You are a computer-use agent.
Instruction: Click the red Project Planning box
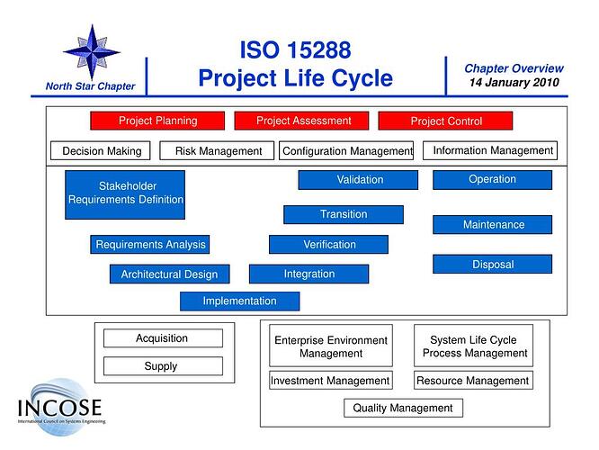point(157,121)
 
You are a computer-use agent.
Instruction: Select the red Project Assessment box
point(303,121)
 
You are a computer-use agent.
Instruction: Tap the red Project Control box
point(445,121)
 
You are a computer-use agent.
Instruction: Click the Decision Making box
point(102,151)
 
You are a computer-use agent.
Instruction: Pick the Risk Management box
point(219,151)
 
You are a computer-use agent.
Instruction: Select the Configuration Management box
point(347,151)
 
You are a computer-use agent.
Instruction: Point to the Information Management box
point(493,150)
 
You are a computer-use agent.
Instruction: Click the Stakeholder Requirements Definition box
point(126,194)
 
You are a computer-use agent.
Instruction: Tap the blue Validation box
point(359,180)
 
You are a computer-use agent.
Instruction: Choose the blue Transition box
point(344,214)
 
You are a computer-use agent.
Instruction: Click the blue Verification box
point(329,244)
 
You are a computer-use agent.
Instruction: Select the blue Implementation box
point(239,301)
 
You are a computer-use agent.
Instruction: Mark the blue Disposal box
point(493,265)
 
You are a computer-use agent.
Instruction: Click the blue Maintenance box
point(493,224)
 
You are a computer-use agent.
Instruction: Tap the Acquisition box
point(163,338)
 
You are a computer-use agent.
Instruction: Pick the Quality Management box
point(403,408)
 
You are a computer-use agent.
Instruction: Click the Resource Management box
point(474,381)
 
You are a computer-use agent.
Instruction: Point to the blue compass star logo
point(91,49)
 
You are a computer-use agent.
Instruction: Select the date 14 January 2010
point(514,83)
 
